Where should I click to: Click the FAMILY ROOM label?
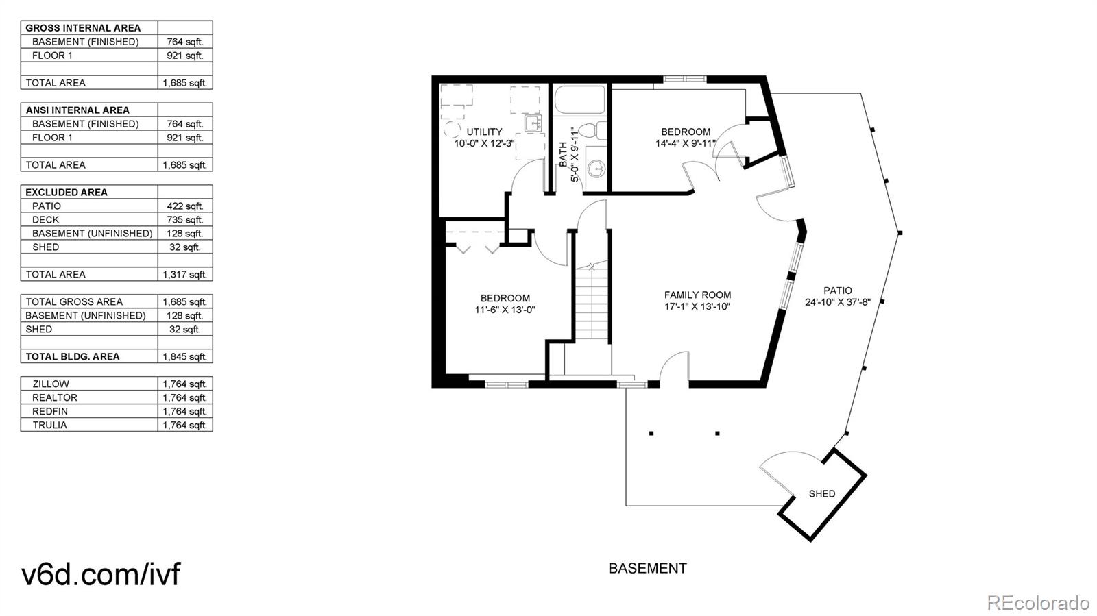point(697,295)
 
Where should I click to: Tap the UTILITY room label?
point(484,132)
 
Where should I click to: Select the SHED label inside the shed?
point(821,493)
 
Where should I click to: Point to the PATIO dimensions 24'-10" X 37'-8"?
point(837,301)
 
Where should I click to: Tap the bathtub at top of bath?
point(579,100)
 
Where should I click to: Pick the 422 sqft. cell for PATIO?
point(185,206)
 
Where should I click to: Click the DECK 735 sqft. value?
point(185,219)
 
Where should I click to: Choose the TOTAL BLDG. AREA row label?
point(73,356)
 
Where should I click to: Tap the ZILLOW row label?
point(51,384)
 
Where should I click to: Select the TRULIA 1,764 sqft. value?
point(185,425)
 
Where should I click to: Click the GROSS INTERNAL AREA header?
point(83,28)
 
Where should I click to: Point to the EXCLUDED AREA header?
point(67,192)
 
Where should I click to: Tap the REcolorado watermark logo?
point(1037,602)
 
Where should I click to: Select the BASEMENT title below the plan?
point(647,568)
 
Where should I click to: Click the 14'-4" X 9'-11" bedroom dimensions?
point(686,143)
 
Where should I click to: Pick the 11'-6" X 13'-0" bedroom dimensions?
point(505,310)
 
